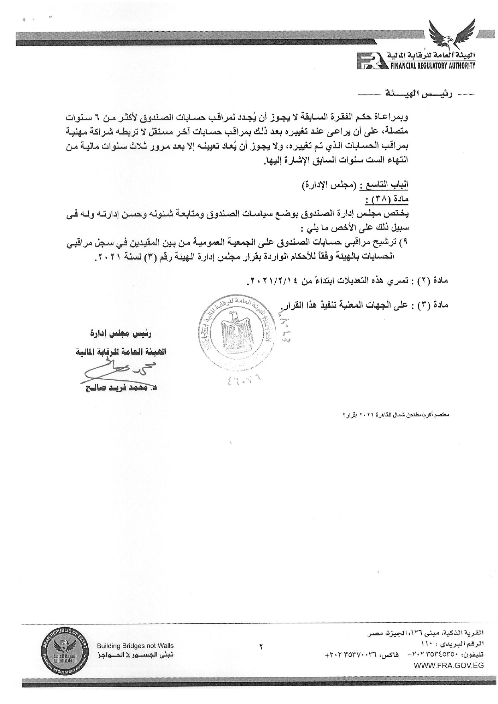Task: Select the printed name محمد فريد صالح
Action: [120, 388]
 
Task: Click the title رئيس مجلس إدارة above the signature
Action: [122, 333]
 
